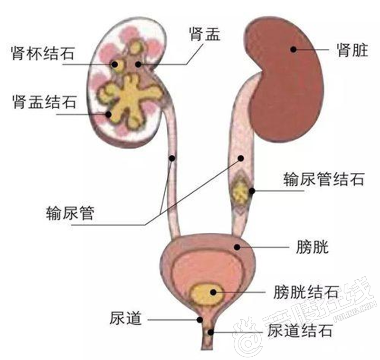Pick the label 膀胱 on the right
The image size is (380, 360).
tap(311, 247)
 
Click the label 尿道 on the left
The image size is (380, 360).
tap(126, 319)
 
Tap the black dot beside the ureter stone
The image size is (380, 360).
tap(252, 191)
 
